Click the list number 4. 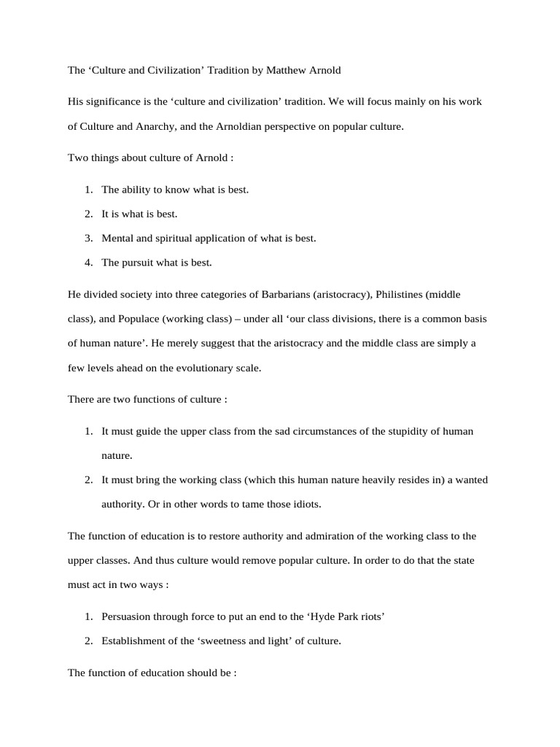88,263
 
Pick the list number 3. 88,238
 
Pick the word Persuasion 127,616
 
